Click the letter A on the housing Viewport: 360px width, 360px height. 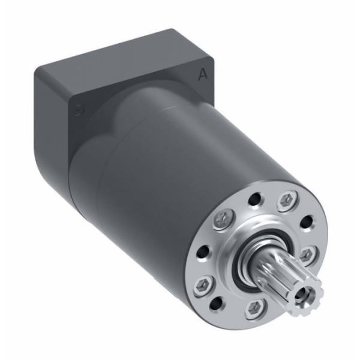coord(203,75)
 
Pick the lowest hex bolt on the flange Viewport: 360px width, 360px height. coord(255,308)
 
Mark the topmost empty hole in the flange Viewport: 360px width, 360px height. coord(256,197)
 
